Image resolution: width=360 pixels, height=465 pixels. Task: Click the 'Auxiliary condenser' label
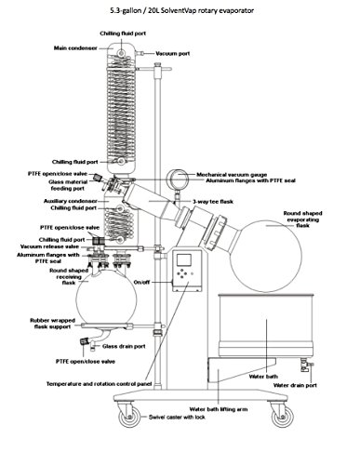68,201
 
